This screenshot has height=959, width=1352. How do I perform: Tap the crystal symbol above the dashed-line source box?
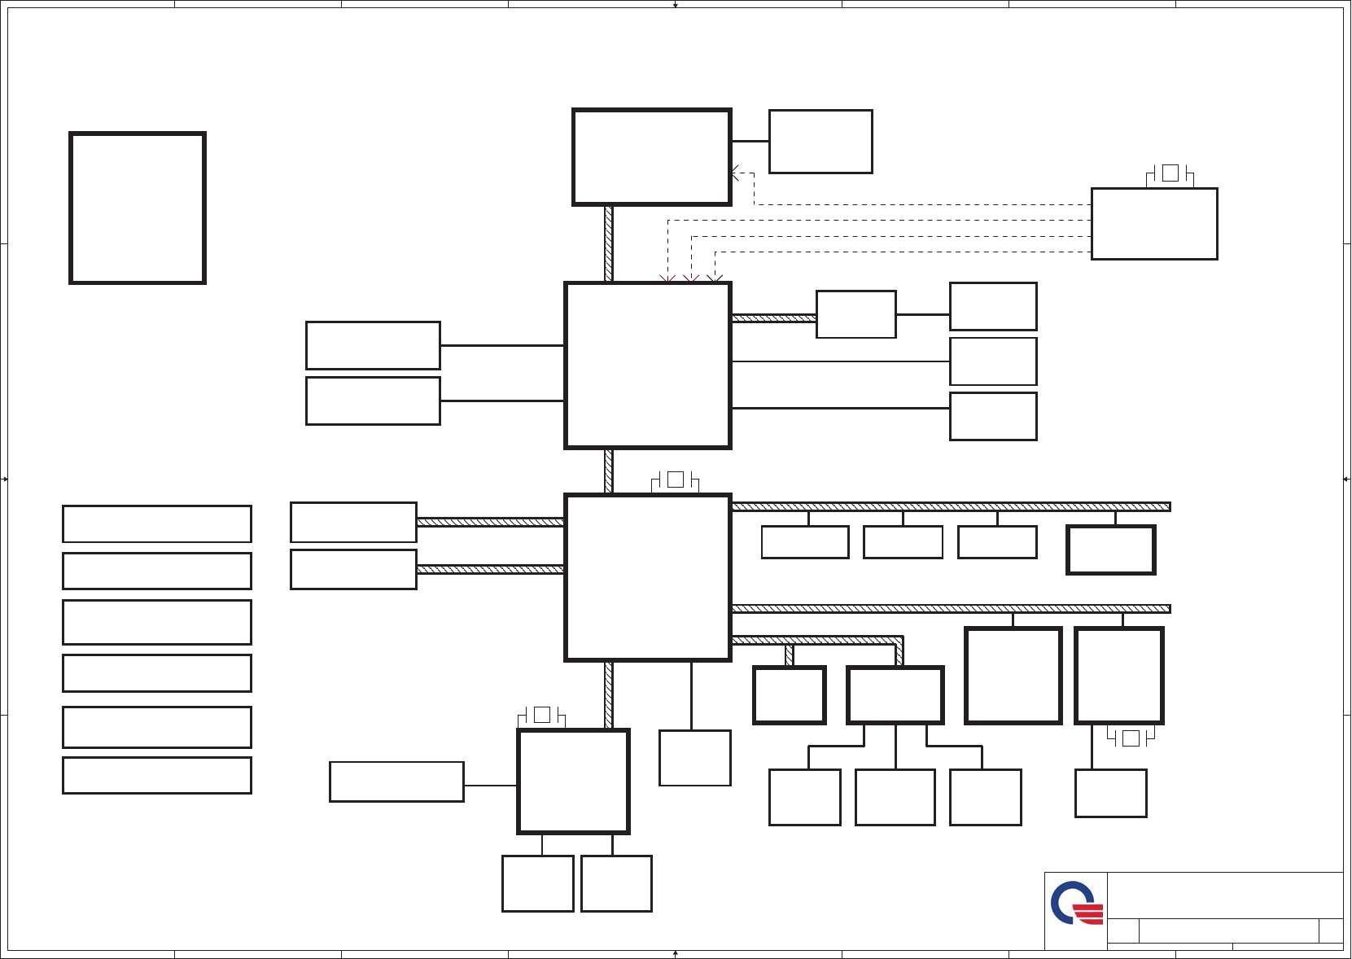point(1170,173)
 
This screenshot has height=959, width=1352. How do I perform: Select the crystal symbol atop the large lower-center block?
point(675,480)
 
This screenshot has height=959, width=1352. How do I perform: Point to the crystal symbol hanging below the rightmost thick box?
point(1131,738)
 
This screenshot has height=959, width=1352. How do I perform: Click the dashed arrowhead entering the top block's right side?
point(735,173)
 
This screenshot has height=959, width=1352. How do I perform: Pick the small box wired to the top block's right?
point(820,142)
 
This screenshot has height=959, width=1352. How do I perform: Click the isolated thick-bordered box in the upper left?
point(138,208)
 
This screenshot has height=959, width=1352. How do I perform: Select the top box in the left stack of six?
point(157,523)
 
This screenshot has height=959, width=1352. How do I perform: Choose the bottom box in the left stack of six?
point(157,775)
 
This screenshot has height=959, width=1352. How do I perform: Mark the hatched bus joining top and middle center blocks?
point(609,243)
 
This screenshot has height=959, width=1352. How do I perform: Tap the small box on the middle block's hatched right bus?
point(856,314)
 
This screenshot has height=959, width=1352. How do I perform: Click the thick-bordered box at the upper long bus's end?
point(1111,550)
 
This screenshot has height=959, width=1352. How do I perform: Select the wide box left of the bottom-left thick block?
point(396,782)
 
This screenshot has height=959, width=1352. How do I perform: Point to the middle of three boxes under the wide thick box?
point(895,797)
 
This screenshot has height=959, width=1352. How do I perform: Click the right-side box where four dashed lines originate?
point(1154,224)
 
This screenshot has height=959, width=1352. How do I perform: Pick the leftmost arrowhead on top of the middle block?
point(667,279)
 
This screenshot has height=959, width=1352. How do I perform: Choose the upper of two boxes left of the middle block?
point(373,345)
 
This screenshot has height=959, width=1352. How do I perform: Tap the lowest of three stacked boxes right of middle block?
point(993,417)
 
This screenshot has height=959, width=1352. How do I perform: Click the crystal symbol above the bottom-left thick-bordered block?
point(542,715)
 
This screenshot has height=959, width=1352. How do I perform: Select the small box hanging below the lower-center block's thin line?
point(695,758)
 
